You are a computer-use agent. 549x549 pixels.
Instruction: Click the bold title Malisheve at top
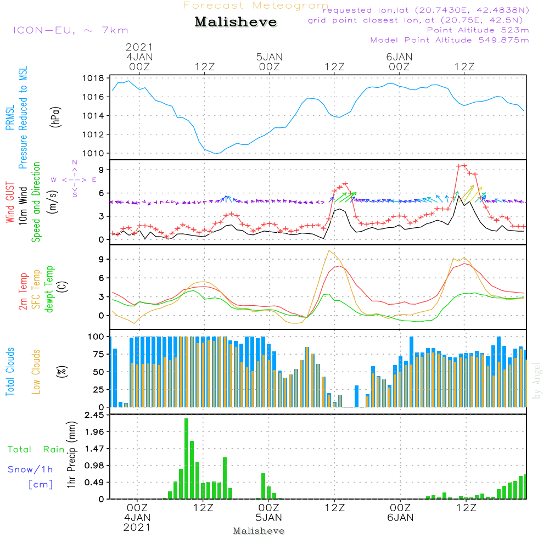pos(236,23)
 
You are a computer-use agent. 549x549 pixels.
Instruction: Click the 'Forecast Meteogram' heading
pos(256,5)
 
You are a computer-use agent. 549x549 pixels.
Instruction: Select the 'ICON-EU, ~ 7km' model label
pos(70,30)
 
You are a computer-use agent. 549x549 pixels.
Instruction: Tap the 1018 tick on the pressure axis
pos(94,78)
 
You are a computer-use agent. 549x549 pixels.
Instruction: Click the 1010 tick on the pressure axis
pos(94,153)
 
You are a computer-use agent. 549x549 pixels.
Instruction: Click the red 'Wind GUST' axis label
pos(10,204)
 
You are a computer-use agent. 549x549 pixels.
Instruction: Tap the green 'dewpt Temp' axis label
pos(49,289)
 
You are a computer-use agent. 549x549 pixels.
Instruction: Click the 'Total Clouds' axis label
pos(10,372)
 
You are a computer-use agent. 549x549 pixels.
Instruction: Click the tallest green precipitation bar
pos(187,458)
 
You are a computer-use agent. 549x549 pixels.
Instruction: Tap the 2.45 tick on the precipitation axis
pos(94,415)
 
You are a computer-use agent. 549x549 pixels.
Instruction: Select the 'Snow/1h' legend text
pos(30,470)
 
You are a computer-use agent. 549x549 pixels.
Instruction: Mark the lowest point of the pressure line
pos(216,154)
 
